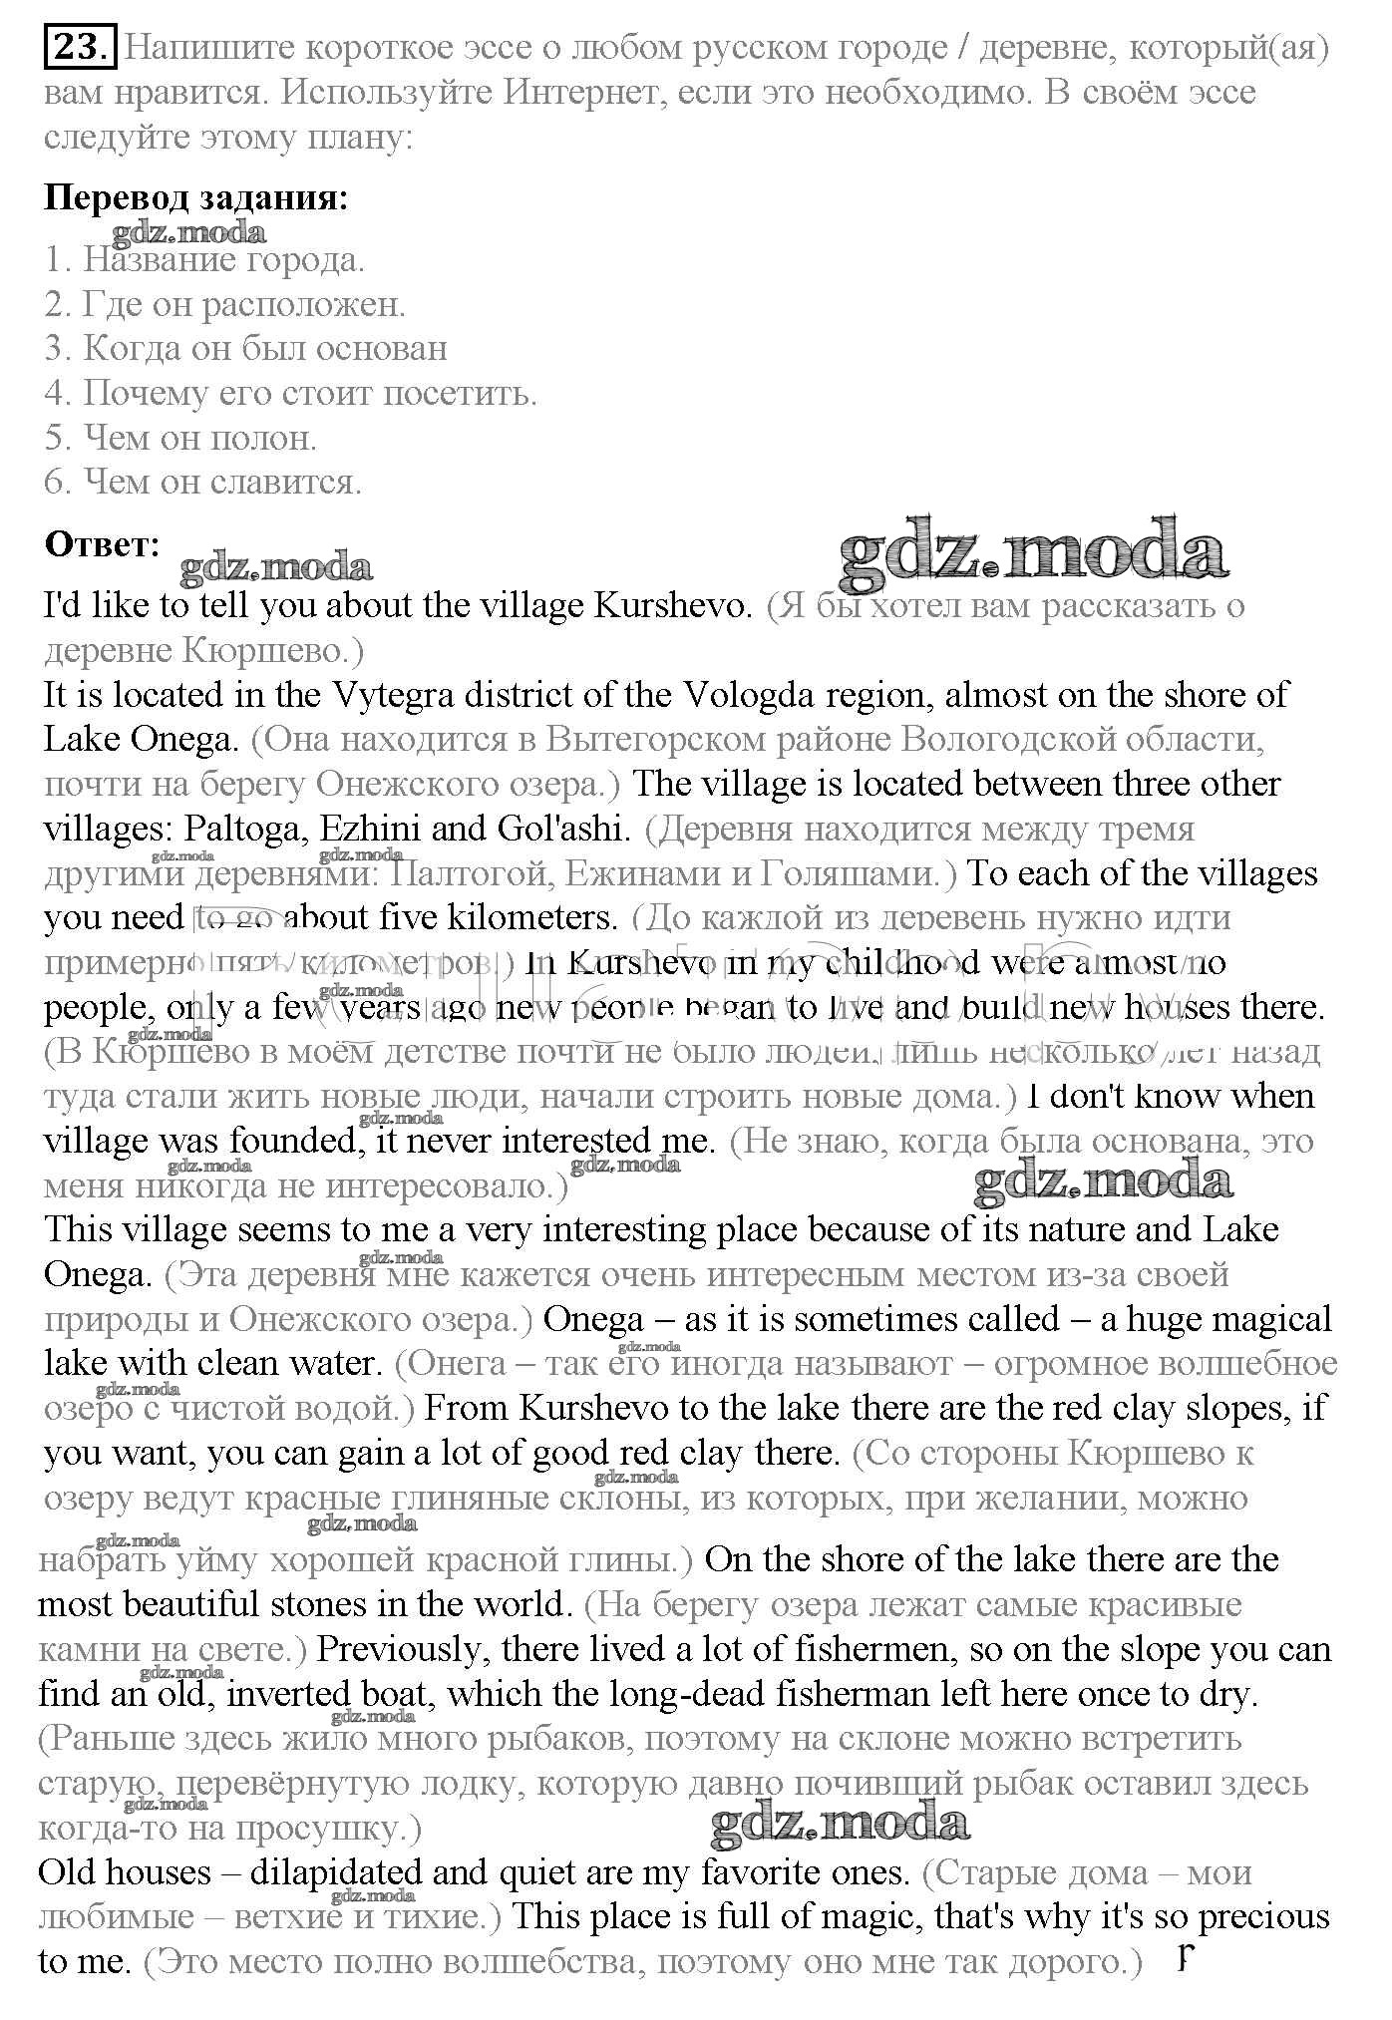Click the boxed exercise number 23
click(x=81, y=48)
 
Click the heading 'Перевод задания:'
click(x=196, y=197)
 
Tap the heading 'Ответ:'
click(x=102, y=544)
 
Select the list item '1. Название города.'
click(x=204, y=260)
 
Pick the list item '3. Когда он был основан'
click(x=245, y=348)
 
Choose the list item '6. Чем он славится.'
click(x=203, y=483)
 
